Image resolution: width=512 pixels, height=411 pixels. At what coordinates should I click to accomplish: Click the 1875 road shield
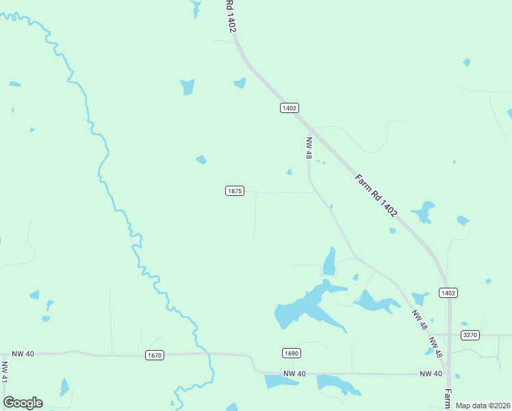tap(234, 190)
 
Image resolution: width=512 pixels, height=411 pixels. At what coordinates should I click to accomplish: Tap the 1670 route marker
tap(155, 355)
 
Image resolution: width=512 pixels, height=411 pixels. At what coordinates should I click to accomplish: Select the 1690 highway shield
tap(291, 353)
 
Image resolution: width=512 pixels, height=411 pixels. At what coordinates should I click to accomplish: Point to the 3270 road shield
tap(470, 335)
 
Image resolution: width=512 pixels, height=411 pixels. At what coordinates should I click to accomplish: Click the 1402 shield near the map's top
tap(290, 108)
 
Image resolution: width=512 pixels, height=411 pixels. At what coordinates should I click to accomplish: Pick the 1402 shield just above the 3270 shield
tap(448, 292)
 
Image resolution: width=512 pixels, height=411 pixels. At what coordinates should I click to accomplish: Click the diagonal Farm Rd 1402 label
tap(376, 195)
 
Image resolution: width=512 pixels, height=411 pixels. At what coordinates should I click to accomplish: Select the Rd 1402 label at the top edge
tap(231, 15)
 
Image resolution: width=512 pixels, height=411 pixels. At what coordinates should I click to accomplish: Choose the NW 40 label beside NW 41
tap(23, 353)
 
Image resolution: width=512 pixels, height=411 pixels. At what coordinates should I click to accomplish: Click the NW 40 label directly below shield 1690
tap(294, 373)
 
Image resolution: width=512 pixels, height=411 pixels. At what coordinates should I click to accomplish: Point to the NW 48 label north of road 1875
tap(309, 148)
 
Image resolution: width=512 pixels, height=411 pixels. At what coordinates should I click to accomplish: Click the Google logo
tap(23, 403)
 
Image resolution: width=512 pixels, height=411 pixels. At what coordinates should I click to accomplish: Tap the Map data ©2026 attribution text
tap(483, 406)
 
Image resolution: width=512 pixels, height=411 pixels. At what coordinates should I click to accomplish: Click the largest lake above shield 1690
tap(305, 307)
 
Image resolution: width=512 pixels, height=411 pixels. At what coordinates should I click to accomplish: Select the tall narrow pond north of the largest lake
tap(330, 262)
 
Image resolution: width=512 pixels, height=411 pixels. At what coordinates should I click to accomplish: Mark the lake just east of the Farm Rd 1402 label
tap(423, 212)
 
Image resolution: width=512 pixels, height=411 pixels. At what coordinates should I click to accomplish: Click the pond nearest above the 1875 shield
tap(201, 160)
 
